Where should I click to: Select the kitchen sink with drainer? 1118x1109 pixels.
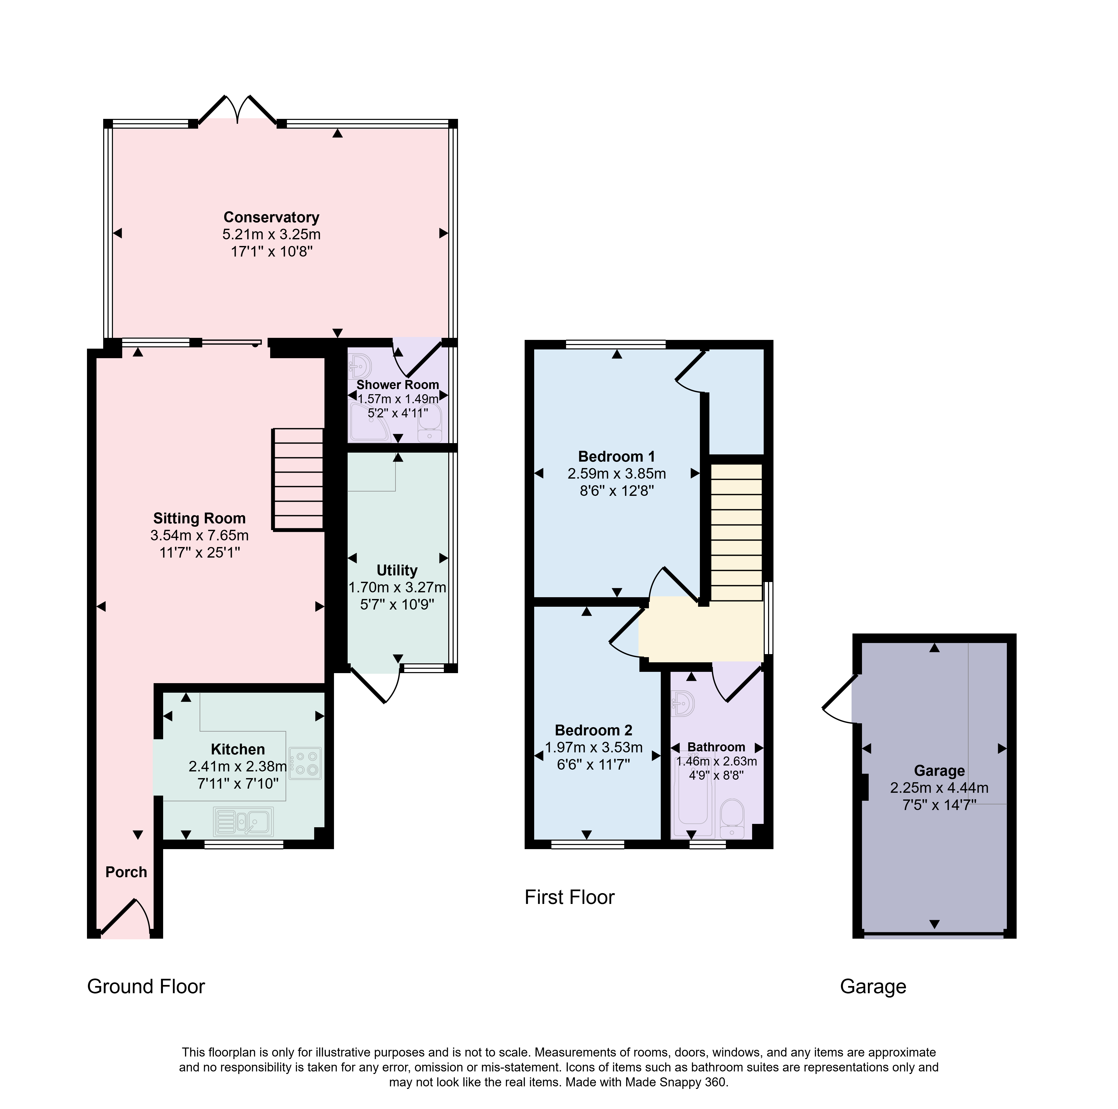click(x=243, y=821)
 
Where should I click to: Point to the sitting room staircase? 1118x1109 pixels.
click(x=297, y=479)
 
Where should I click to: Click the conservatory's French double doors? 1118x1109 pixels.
click(x=237, y=110)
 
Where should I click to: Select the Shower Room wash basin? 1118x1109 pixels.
click(x=360, y=366)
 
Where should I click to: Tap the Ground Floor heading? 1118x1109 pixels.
click(x=146, y=986)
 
